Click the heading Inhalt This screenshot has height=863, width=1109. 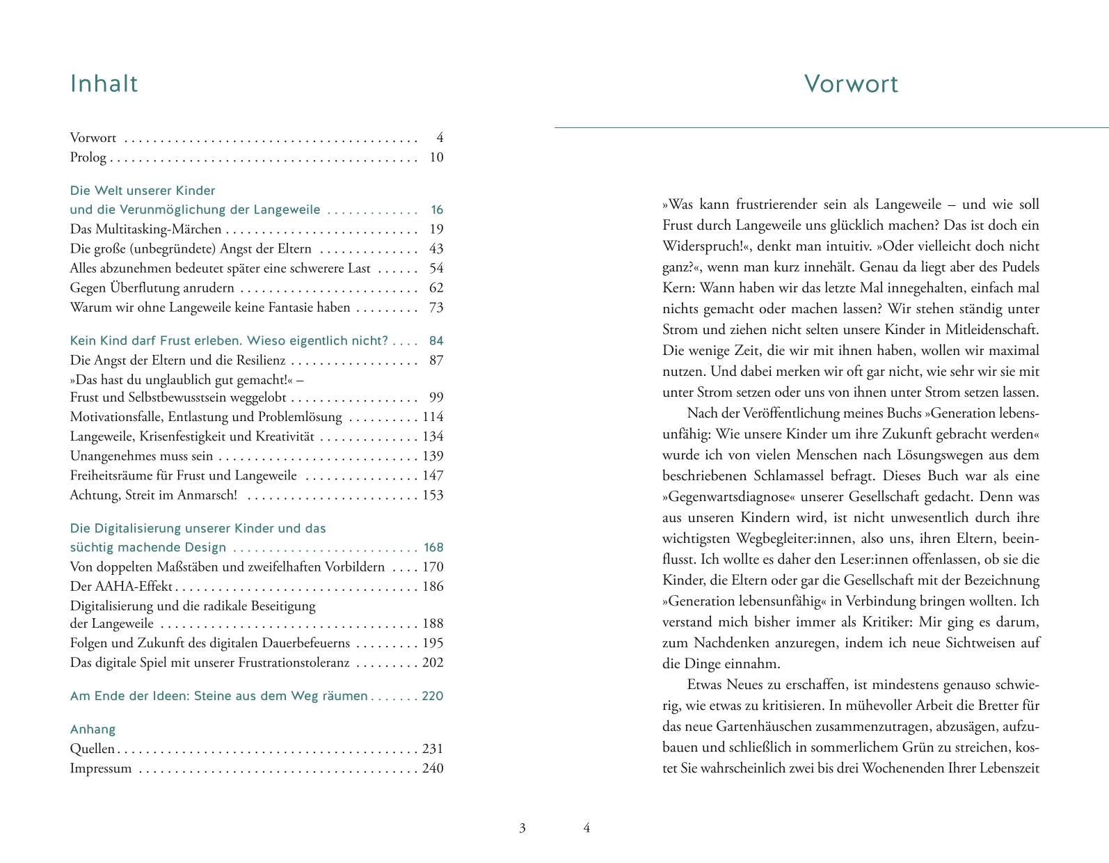click(x=104, y=84)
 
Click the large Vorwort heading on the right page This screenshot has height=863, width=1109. click(x=851, y=84)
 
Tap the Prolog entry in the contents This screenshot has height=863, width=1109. click(x=88, y=157)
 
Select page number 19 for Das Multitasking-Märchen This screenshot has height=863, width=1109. click(x=436, y=230)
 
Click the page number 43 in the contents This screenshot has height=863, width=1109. click(x=436, y=249)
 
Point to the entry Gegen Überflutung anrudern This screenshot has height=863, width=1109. click(x=152, y=288)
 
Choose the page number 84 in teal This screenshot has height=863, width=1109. click(x=436, y=341)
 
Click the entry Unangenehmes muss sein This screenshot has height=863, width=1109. click(x=141, y=457)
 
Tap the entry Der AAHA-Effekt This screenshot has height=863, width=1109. click(x=121, y=587)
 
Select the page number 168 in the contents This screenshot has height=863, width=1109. click(x=433, y=548)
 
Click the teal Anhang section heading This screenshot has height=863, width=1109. click(x=93, y=729)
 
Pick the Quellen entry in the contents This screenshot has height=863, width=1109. click(x=92, y=750)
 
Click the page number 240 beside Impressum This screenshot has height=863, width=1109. click(x=433, y=769)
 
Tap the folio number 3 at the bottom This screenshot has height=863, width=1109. click(x=522, y=828)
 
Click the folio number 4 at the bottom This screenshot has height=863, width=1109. click(x=587, y=828)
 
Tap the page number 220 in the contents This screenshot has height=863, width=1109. click(x=433, y=696)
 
